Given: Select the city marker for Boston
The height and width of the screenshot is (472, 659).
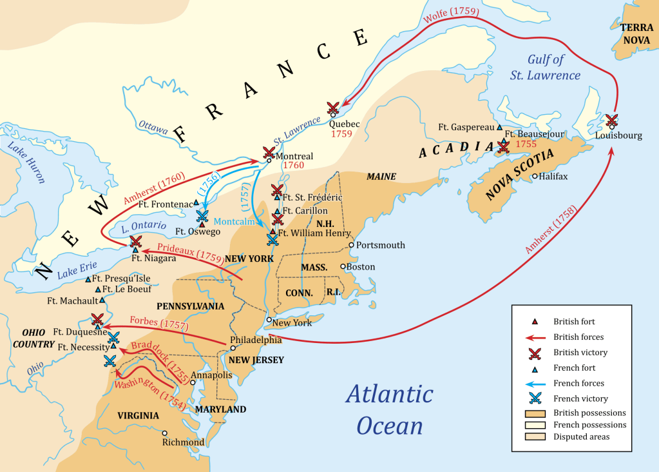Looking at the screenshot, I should tap(343, 266).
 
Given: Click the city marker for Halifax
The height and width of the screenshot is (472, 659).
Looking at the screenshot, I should tap(535, 176).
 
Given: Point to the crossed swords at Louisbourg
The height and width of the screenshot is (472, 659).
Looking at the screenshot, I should tap(611, 121).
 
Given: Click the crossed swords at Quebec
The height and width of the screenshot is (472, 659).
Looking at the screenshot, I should tap(334, 108).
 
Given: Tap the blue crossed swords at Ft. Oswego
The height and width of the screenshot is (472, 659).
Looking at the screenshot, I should tap(202, 217).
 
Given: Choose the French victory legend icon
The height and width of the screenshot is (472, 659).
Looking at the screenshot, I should tap(535, 398).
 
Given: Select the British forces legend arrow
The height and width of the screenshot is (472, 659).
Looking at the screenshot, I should tap(535, 337).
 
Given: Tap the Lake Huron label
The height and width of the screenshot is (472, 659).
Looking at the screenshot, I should tap(26, 164).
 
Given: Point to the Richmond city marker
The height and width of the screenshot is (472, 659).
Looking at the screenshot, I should tap(165, 433).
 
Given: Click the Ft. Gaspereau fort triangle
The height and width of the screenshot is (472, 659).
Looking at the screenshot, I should tap(499, 128).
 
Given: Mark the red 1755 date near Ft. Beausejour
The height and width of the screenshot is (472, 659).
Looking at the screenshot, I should tap(525, 144).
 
